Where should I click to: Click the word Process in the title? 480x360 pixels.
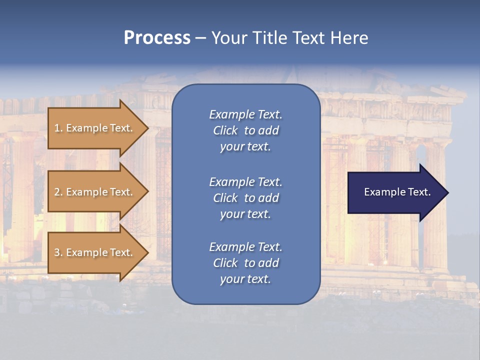[157, 38]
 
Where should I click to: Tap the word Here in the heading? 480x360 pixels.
[349, 38]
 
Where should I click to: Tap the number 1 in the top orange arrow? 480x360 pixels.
[57, 128]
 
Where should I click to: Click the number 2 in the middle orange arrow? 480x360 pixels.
[57, 192]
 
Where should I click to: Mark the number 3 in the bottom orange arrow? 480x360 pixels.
[57, 252]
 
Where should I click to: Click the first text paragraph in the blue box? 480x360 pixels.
[245, 130]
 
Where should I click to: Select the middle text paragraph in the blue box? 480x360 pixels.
[245, 198]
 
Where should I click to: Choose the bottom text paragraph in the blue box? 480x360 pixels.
[245, 263]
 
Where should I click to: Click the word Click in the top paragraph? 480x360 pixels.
[225, 130]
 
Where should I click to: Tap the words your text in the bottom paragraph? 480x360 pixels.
[245, 279]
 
